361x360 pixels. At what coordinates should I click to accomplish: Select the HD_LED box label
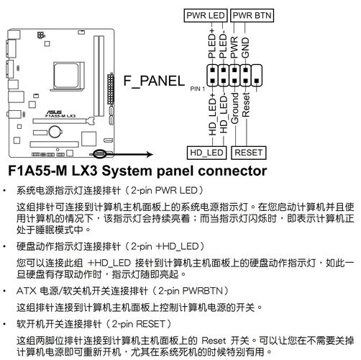[206, 152]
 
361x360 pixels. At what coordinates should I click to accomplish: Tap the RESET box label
[248, 152]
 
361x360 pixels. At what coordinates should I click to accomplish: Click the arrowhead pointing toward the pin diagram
[148, 153]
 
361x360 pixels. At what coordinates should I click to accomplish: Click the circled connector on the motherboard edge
[99, 153]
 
